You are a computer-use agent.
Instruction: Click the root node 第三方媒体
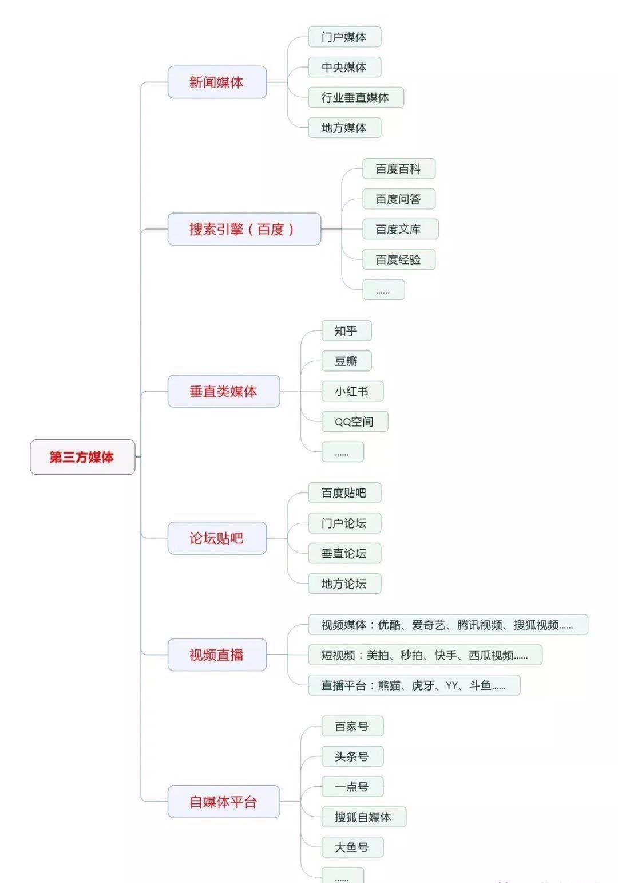point(82,457)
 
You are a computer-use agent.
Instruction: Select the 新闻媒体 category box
point(217,82)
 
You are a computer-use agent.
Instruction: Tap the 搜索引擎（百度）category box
point(244,229)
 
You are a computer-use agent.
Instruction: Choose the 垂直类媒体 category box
point(223,391)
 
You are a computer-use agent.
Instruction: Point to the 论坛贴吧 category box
point(217,538)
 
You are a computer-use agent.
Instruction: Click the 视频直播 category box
point(217,655)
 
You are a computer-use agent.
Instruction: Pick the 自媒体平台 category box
point(223,802)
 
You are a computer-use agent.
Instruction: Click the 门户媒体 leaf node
point(344,37)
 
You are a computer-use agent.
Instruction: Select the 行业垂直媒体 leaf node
point(355,97)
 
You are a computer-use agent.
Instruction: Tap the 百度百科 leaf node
point(399,169)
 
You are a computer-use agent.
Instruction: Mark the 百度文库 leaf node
point(400,229)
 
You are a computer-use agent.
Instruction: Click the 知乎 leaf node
point(346,331)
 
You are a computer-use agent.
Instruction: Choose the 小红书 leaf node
point(352,391)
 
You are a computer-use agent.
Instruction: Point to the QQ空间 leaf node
point(354,421)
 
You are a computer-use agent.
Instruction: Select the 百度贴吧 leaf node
point(344,493)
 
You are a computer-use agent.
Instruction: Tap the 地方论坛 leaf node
point(344,584)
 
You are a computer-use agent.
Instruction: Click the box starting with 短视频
point(425,655)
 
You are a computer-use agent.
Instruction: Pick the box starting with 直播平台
point(414,685)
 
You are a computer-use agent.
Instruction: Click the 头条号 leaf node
point(352,756)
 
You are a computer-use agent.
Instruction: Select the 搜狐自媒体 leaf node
point(363,817)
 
